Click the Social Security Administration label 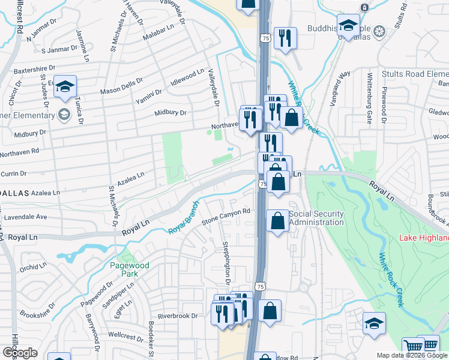[x=316, y=218]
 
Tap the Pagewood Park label [x=124, y=269]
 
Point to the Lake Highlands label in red [x=424, y=238]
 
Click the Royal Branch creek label [x=183, y=224]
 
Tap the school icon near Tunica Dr [x=65, y=88]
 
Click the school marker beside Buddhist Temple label [x=348, y=26]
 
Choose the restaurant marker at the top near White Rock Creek [x=285, y=38]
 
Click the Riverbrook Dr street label [x=177, y=316]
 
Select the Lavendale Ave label [x=25, y=217]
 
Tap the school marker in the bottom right [x=374, y=323]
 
